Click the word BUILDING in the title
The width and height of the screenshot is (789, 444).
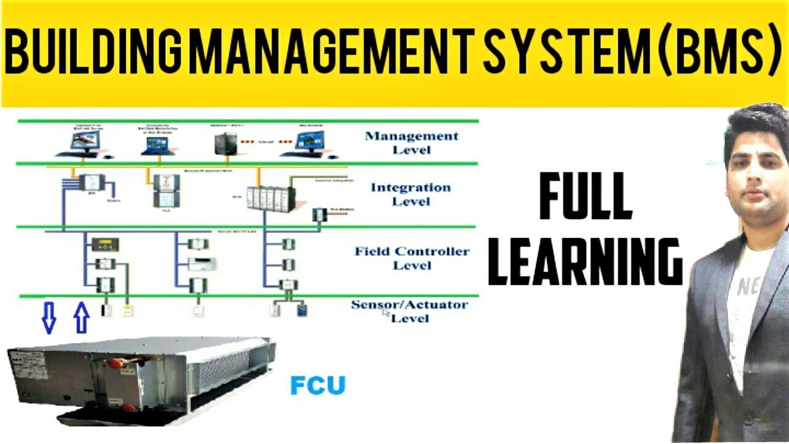click(x=95, y=53)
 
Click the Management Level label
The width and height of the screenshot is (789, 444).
click(x=412, y=142)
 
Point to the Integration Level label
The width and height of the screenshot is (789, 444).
click(x=410, y=194)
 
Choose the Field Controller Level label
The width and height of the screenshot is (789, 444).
click(x=412, y=258)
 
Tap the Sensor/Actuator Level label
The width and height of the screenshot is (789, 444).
click(x=409, y=311)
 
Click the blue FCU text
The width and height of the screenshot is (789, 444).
click(x=318, y=385)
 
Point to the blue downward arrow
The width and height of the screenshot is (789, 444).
click(x=49, y=318)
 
